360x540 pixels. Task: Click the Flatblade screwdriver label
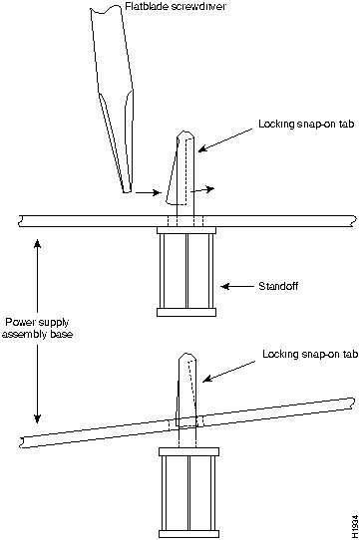point(176,6)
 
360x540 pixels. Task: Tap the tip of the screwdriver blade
point(127,192)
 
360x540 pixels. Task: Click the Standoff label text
point(278,286)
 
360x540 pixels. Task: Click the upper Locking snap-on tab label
point(306,124)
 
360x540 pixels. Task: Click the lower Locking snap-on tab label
point(310,354)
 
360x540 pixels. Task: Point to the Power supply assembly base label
point(37,328)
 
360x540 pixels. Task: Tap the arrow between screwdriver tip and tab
point(149,192)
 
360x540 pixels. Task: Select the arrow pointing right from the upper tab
point(202,189)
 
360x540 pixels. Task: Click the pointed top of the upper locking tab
point(185,132)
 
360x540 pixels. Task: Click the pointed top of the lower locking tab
point(187,355)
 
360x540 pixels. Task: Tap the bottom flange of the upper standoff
point(186,312)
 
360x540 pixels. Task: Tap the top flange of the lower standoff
point(188,451)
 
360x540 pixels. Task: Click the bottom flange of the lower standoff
point(188,533)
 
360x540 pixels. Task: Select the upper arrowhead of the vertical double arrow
point(37,243)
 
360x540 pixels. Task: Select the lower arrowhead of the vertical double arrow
point(37,417)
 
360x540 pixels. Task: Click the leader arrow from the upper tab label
point(225,139)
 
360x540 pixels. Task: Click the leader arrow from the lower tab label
point(229,372)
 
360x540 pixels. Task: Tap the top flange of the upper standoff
point(186,230)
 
